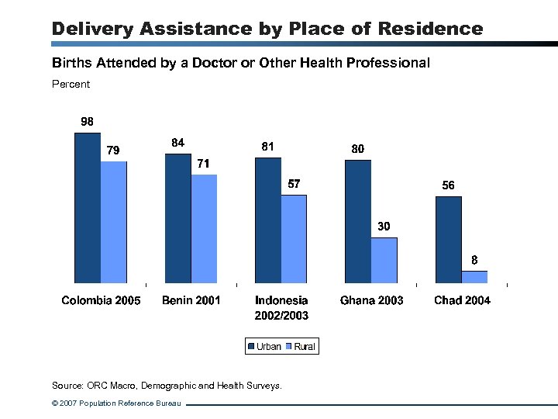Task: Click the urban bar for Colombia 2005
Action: (x=88, y=208)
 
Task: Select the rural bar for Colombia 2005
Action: (x=113, y=222)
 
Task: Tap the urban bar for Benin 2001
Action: (x=177, y=218)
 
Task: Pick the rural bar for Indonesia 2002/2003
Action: (x=294, y=239)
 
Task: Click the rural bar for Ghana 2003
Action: (x=384, y=260)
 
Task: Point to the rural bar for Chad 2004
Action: (x=474, y=277)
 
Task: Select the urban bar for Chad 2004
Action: (x=448, y=240)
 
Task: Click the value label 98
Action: (x=88, y=122)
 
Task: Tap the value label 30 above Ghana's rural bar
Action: (x=384, y=227)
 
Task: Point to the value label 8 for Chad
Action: (x=474, y=260)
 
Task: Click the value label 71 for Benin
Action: (x=203, y=164)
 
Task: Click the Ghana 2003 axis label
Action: (x=371, y=300)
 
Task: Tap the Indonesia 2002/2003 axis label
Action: (x=281, y=307)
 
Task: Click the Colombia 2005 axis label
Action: (x=101, y=300)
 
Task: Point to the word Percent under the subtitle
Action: (x=71, y=84)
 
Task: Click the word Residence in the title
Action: (x=432, y=29)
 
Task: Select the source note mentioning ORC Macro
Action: (x=167, y=385)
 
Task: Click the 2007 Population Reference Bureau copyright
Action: (x=116, y=403)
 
